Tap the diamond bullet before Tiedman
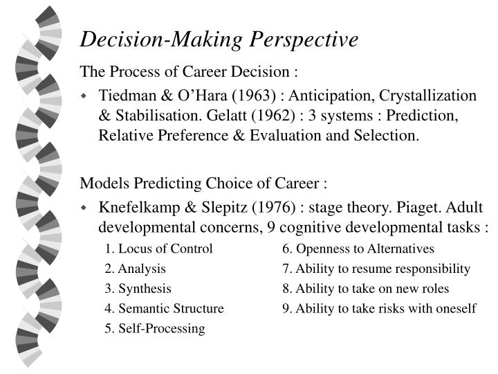[x=85, y=95]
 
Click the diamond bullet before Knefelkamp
[x=85, y=207]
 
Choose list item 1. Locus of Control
[x=158, y=249]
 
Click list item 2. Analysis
[x=136, y=269]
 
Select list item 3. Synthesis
[x=138, y=289]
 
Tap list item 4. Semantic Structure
[x=165, y=308]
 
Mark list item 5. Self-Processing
[x=155, y=328]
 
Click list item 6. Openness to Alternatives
[x=358, y=249]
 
